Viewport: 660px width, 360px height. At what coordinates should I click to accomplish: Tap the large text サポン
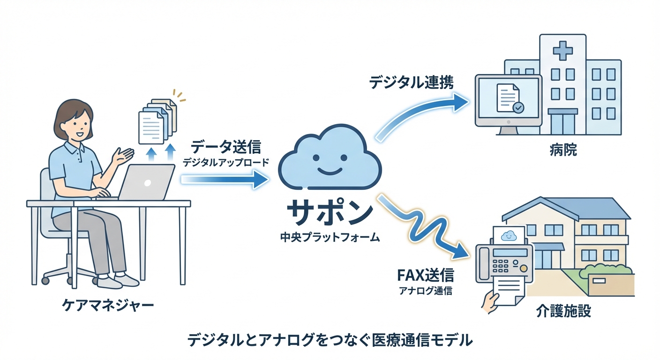(330, 213)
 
